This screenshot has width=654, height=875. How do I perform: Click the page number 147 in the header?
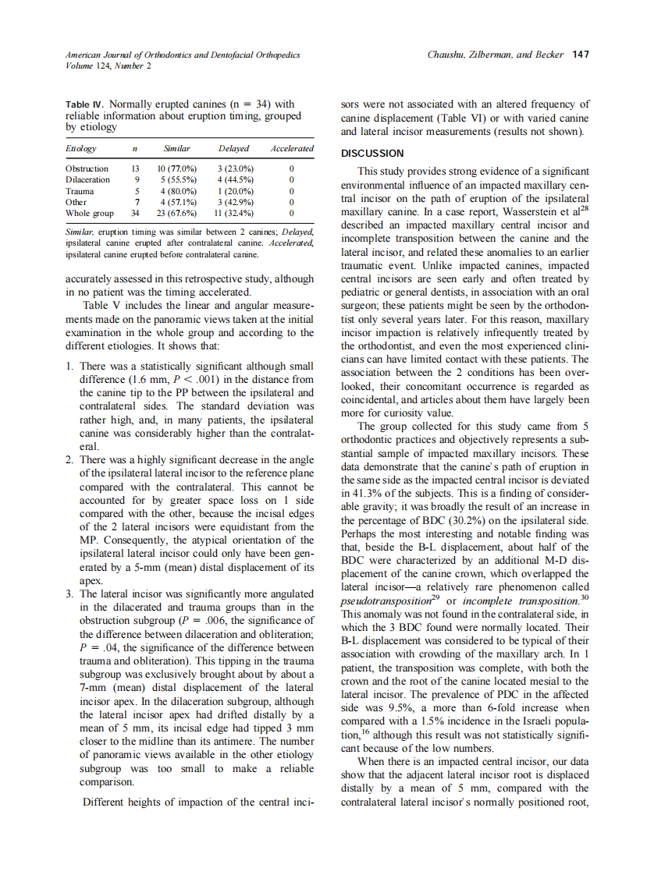click(579, 55)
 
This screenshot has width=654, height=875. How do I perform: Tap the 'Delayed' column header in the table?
click(233, 148)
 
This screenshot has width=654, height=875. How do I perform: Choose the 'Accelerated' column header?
click(291, 148)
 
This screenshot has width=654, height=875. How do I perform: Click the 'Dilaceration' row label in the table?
click(87, 179)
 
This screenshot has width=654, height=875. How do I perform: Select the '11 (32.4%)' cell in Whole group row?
click(233, 213)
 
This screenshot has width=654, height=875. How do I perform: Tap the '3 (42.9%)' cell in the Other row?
click(233, 202)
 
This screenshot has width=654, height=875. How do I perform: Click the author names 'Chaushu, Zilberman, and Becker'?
click(496, 55)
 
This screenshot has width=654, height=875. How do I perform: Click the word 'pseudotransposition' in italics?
click(386, 601)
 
